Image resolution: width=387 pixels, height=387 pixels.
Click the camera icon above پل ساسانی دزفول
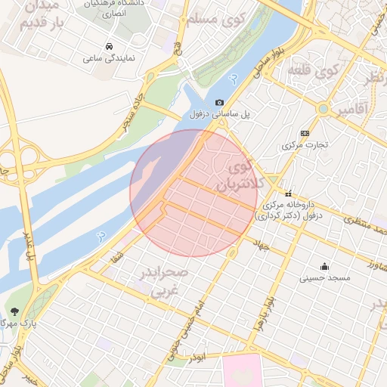click(x=219, y=102)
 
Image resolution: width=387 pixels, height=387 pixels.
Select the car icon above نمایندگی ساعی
click(x=110, y=45)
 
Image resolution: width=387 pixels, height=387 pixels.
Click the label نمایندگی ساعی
click(x=109, y=57)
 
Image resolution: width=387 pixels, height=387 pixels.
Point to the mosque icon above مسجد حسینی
click(x=324, y=266)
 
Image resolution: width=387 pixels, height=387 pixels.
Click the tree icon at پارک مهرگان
click(x=14, y=311)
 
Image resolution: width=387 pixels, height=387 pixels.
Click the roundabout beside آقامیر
click(x=324, y=109)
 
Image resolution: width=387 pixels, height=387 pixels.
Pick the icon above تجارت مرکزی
click(x=305, y=132)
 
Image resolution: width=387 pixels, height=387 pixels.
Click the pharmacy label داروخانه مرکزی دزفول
click(x=293, y=209)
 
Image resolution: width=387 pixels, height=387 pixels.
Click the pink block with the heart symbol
click(x=242, y=373)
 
